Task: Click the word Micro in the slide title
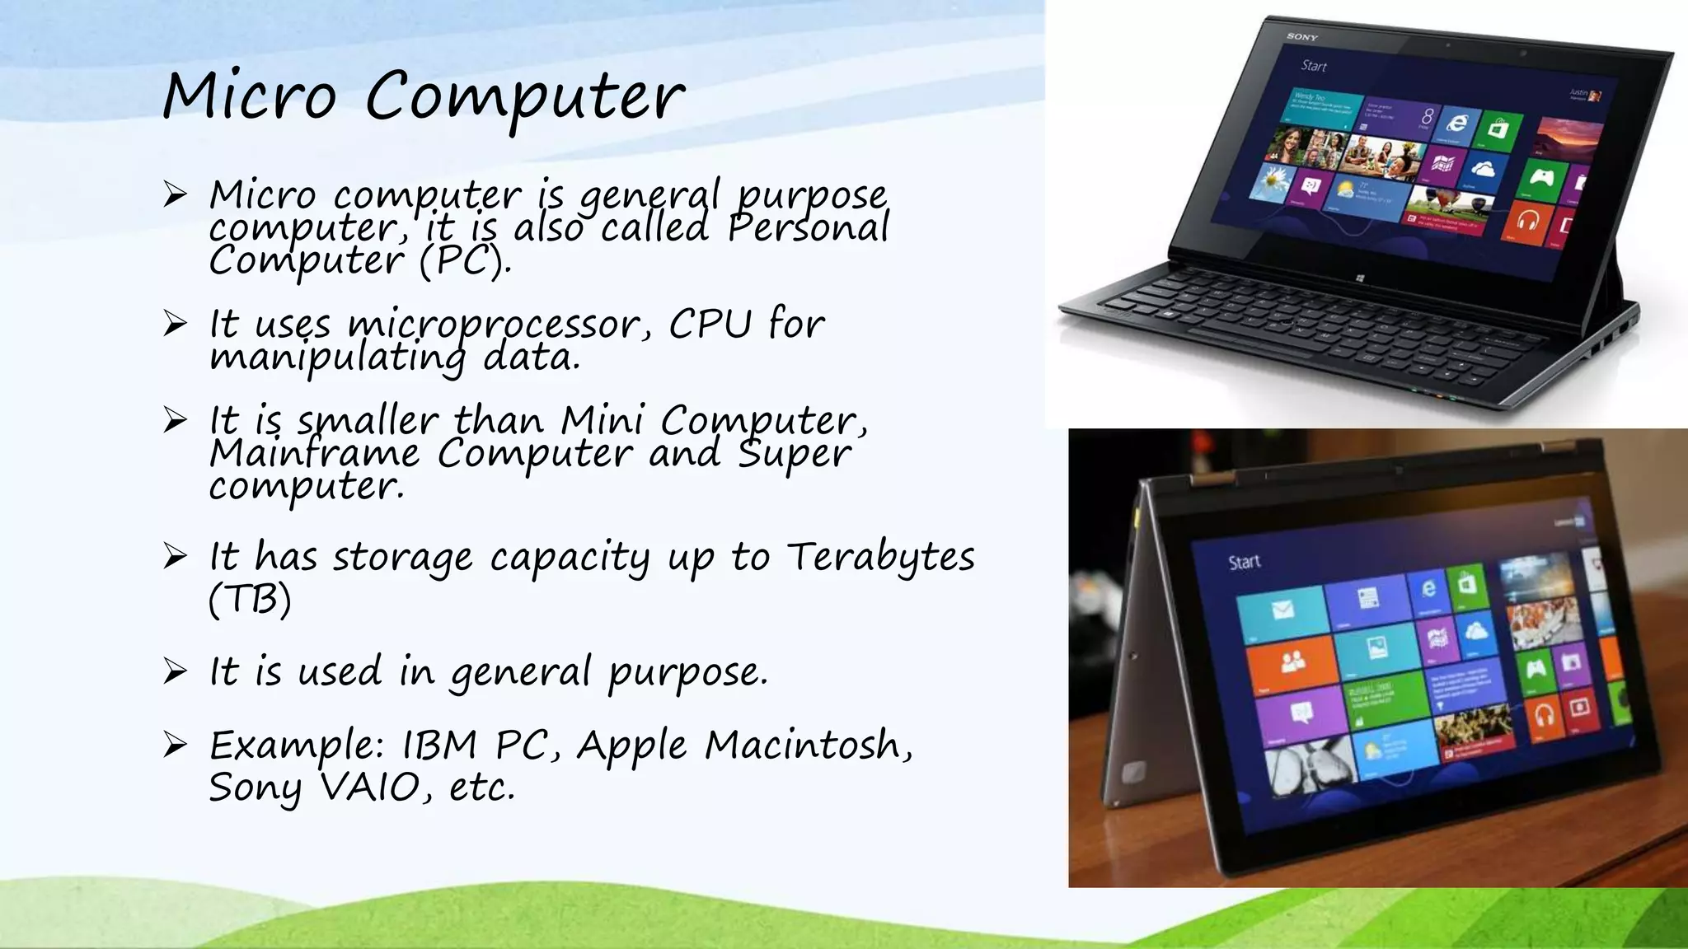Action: coord(249,96)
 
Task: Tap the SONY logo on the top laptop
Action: coord(1302,37)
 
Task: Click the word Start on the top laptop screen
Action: coord(1314,66)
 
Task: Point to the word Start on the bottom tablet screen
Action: coord(1244,562)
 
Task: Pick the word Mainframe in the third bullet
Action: coord(314,453)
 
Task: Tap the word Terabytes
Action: coord(880,558)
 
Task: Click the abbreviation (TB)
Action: coord(250,599)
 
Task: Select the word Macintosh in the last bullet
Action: coord(809,746)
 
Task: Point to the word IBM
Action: coord(439,746)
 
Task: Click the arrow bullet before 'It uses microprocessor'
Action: coord(175,324)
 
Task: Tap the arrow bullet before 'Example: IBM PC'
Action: coord(175,746)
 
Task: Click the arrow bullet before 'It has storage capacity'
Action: coord(175,557)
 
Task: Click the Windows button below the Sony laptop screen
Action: coord(1359,278)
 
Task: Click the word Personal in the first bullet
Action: coord(808,227)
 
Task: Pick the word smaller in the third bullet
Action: coord(368,421)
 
